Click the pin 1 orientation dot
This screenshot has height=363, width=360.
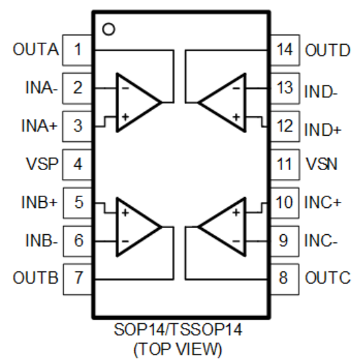point(109,29)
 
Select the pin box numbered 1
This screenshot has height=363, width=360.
point(77,50)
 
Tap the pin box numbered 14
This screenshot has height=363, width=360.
point(285,50)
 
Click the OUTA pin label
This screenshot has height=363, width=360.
point(36,50)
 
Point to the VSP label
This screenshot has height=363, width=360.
point(42,164)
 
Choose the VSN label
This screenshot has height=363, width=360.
point(321,164)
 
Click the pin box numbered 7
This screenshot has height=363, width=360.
point(78,279)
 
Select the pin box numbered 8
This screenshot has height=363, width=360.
point(284,279)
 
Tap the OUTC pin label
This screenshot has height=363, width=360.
point(328,278)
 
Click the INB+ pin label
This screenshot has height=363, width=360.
point(39,203)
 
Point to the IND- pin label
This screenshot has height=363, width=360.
point(321,92)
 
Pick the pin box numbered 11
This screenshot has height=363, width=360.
point(285,165)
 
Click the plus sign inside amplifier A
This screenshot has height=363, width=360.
point(125,117)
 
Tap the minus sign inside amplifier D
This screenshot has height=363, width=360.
point(236,88)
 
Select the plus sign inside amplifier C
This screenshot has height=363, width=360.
point(236,212)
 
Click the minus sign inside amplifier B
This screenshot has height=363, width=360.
point(125,241)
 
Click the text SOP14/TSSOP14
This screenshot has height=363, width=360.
point(178,329)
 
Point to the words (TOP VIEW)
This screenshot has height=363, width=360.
point(178,349)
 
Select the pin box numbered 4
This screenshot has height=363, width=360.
point(77,165)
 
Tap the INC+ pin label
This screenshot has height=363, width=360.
point(323,203)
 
